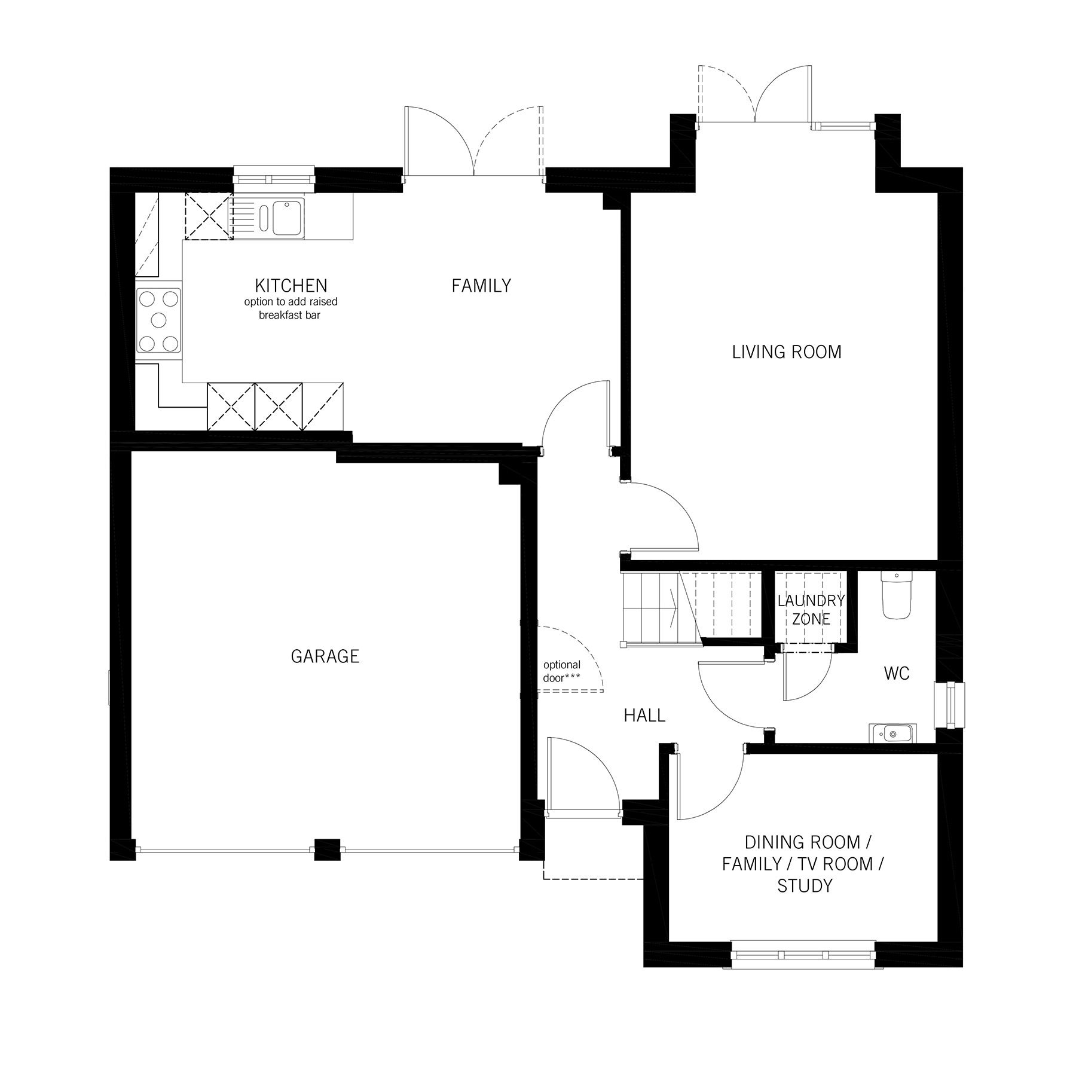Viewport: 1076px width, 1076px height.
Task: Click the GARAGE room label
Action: click(325, 656)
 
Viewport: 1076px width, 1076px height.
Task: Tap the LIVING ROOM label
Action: click(787, 352)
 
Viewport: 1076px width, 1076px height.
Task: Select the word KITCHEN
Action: click(291, 285)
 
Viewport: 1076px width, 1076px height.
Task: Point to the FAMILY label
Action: click(481, 286)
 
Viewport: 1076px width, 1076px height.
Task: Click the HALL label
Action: click(644, 716)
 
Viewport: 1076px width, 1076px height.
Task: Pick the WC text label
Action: click(897, 674)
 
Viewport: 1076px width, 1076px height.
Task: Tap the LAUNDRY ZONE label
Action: click(811, 610)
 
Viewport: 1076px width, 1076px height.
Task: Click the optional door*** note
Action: click(563, 671)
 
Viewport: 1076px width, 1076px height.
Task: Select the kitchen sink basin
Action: click(288, 218)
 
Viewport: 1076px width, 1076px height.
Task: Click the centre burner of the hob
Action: click(158, 320)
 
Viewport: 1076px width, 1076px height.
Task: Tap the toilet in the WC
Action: click(896, 595)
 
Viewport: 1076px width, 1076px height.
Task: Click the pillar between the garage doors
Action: click(326, 849)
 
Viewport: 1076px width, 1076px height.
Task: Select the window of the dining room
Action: click(803, 954)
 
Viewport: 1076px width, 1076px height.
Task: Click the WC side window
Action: click(950, 705)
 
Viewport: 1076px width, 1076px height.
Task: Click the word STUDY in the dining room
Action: click(804, 886)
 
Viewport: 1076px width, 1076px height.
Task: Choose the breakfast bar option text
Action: click(291, 308)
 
